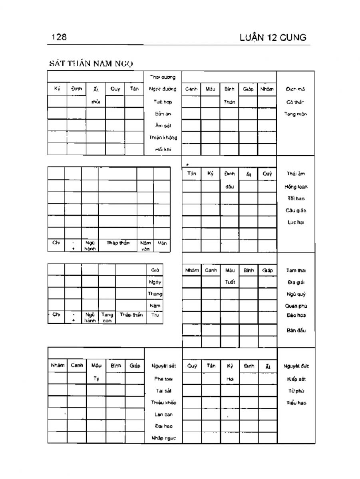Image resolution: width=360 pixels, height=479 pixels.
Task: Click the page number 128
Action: [59, 38]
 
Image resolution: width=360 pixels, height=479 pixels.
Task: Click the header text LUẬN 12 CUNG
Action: [273, 38]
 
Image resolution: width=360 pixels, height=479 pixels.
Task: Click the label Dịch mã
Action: [295, 89]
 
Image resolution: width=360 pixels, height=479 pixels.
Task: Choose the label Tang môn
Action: [295, 114]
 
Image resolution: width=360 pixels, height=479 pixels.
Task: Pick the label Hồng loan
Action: [296, 186]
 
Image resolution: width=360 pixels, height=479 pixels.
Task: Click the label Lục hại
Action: [296, 222]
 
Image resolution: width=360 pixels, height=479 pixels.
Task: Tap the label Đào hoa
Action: [296, 315]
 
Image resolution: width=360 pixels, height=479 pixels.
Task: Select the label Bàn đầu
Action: [296, 330]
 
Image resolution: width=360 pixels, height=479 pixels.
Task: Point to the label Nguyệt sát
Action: [163, 366]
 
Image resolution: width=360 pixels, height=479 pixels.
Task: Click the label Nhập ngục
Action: [163, 438]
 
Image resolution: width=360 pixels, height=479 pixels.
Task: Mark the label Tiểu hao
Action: [296, 403]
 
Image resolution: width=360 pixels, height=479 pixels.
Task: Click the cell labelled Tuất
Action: [230, 282]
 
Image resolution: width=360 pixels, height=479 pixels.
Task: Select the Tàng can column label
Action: [107, 317]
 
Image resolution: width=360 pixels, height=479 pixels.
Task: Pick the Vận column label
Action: [162, 243]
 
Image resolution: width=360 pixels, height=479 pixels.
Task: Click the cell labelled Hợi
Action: [230, 378]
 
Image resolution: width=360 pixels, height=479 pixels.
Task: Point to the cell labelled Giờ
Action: [155, 270]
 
